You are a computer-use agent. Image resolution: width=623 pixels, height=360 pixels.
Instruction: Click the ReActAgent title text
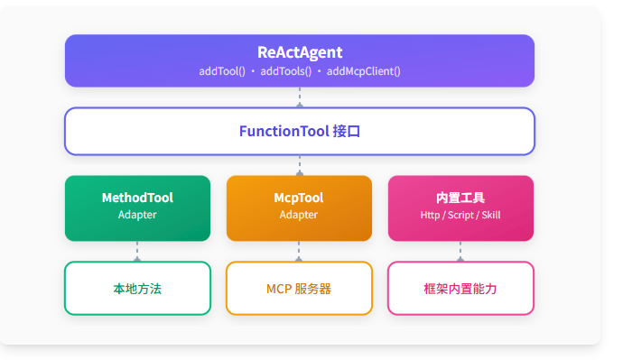300,52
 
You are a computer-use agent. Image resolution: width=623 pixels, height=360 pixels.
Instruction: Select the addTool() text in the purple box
222,71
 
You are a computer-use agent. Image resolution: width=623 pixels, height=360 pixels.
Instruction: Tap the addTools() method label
285,71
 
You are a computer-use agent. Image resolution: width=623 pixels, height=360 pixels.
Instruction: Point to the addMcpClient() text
363,71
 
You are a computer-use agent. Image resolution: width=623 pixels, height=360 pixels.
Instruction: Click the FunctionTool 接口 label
300,132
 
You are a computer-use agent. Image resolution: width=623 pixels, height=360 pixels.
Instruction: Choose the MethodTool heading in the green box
137,198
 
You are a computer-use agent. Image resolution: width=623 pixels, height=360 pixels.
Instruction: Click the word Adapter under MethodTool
137,215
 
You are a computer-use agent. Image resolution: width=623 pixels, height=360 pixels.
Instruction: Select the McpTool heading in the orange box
299,198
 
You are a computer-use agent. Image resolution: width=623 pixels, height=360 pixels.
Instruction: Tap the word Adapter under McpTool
299,215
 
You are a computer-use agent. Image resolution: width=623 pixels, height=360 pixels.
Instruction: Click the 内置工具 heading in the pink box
460,198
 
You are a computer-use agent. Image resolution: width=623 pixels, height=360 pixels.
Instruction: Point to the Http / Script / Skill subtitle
460,215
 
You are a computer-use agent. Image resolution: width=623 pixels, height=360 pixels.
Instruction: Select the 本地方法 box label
137,289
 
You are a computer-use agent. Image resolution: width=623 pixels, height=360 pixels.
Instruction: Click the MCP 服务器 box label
299,289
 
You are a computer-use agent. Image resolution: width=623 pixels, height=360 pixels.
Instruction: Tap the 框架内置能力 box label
460,289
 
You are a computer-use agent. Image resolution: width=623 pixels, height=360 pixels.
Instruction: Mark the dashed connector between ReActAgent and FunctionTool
300,97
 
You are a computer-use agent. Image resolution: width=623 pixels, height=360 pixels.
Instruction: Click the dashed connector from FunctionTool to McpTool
300,165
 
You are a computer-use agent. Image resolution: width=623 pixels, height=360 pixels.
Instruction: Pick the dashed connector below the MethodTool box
137,251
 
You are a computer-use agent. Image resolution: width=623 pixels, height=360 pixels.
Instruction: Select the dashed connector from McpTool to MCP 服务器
299,251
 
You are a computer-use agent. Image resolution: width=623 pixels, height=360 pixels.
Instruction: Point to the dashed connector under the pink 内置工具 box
460,251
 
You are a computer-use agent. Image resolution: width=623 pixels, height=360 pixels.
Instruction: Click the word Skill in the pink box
491,215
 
